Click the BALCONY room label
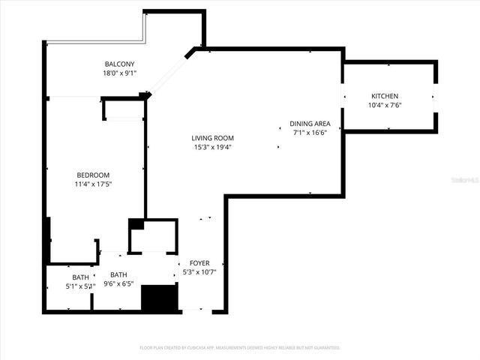pyautogui.click(x=120, y=64)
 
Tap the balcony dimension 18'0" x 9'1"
pyautogui.click(x=120, y=73)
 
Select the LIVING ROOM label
pyautogui.click(x=212, y=138)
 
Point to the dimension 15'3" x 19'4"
pyautogui.click(x=212, y=147)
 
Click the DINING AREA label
pyautogui.click(x=310, y=124)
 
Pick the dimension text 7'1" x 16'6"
pyautogui.click(x=310, y=133)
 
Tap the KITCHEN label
pyautogui.click(x=385, y=96)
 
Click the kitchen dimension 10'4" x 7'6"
pyautogui.click(x=385, y=106)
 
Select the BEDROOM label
pyautogui.click(x=94, y=175)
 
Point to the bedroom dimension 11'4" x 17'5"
pyautogui.click(x=94, y=184)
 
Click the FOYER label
pyautogui.click(x=199, y=263)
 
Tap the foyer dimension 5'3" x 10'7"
pyautogui.click(x=199, y=272)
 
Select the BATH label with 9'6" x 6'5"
pyautogui.click(x=118, y=274)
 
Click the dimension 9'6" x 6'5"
pyautogui.click(x=118, y=283)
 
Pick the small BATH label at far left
pyautogui.click(x=79, y=277)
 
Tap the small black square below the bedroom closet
pyautogui.click(x=136, y=224)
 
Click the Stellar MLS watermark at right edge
pyautogui.click(x=467, y=180)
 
